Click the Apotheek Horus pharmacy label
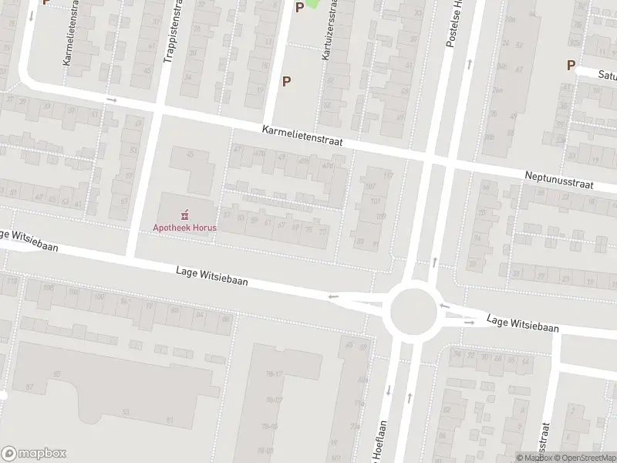click(185, 228)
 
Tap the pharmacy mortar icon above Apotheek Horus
click(185, 215)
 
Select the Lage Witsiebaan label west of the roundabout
click(212, 275)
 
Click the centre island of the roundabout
click(411, 309)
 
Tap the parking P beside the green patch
click(299, 8)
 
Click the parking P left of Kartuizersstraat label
click(287, 81)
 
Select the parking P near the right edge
click(571, 66)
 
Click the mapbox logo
click(34, 454)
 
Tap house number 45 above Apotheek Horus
click(190, 154)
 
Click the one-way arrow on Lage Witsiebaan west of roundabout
click(333, 296)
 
